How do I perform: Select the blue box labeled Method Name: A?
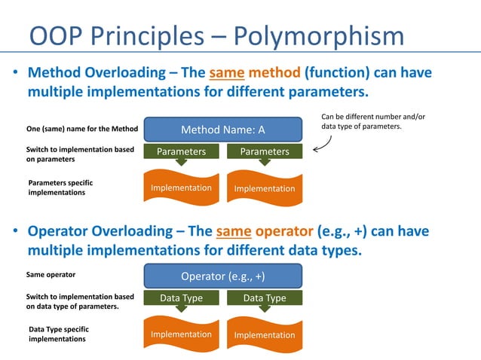[222, 130]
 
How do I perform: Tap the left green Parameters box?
[181, 151]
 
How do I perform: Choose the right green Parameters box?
[264, 151]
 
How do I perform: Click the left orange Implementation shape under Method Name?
[181, 188]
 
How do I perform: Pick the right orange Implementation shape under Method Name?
[264, 188]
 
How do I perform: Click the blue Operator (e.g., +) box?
[222, 276]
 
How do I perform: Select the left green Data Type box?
[181, 298]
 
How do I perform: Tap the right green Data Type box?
[264, 298]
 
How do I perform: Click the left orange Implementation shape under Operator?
[181, 334]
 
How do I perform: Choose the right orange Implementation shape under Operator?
[264, 334]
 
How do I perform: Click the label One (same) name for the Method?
[82, 130]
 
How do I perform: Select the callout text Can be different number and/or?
[373, 117]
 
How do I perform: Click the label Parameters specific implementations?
[60, 188]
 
